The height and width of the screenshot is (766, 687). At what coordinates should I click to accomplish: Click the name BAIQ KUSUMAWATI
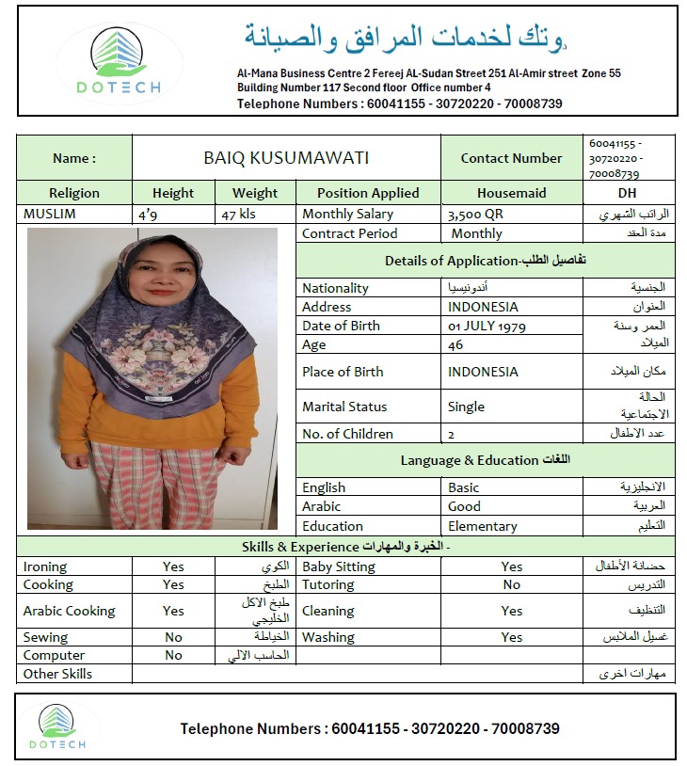(x=286, y=158)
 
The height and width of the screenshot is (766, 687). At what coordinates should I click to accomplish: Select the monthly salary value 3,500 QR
(x=475, y=215)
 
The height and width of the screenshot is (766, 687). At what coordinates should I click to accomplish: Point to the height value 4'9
(x=148, y=215)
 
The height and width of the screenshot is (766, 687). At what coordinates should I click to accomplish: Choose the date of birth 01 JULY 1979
(x=487, y=326)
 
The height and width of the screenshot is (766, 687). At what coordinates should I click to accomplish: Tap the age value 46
(x=456, y=345)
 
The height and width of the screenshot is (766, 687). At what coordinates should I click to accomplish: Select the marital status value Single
(x=467, y=407)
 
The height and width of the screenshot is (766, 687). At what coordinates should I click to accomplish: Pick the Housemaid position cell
(x=511, y=193)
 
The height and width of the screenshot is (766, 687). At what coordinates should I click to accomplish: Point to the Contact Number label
(x=511, y=158)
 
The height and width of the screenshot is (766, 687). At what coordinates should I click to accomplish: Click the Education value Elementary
(x=482, y=526)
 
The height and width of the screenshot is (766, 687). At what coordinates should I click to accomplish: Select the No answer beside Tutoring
(x=511, y=584)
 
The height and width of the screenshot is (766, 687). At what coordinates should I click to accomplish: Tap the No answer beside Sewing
(x=173, y=637)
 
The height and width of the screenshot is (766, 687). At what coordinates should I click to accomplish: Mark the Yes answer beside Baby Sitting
(x=511, y=567)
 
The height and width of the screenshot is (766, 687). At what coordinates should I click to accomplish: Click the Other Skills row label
(x=57, y=674)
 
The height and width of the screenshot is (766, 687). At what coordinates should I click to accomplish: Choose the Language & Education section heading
(x=485, y=460)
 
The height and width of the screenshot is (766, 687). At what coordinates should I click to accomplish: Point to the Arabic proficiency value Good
(x=464, y=506)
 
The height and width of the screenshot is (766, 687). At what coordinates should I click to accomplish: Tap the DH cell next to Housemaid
(x=628, y=193)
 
